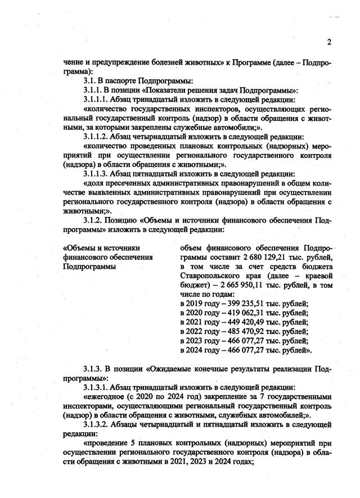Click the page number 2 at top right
(329, 42)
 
